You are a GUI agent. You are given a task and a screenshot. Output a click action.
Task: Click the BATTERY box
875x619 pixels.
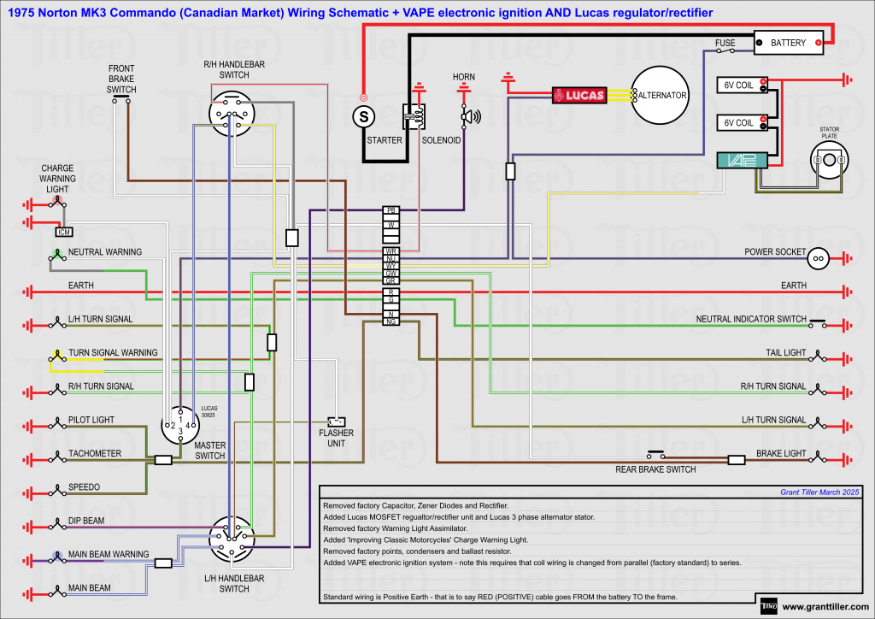pyautogui.click(x=788, y=43)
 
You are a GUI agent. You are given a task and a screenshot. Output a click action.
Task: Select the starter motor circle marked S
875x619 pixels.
pyautogui.click(x=363, y=115)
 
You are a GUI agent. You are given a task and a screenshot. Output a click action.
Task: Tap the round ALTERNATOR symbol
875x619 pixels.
pyautogui.click(x=659, y=95)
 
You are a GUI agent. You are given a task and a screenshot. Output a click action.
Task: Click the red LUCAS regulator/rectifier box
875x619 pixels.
pyautogui.click(x=579, y=96)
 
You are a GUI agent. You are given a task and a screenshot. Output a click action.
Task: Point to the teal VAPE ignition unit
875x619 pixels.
pyautogui.click(x=738, y=160)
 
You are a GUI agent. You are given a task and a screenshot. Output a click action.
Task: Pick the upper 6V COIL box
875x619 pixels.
pyautogui.click(x=740, y=85)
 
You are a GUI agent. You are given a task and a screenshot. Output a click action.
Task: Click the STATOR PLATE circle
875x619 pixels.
pyautogui.click(x=829, y=160)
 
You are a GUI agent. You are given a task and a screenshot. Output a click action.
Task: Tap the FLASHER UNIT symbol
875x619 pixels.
pyautogui.click(x=336, y=422)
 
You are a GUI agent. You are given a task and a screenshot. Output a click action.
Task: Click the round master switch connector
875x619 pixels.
pyautogui.click(x=180, y=425)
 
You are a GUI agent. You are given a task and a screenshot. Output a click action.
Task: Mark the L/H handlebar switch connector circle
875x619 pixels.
pyautogui.click(x=233, y=538)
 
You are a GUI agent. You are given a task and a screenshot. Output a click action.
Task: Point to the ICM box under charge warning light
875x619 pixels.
pyautogui.click(x=63, y=232)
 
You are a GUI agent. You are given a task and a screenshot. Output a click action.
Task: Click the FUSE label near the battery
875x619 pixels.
pyautogui.click(x=725, y=43)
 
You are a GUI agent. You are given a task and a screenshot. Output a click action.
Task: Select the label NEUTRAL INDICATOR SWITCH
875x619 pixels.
pyautogui.click(x=751, y=319)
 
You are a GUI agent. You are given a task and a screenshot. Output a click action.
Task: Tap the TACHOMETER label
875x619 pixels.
pyautogui.click(x=95, y=454)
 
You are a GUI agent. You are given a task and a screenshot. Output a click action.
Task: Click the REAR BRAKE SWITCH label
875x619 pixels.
pyautogui.click(x=655, y=469)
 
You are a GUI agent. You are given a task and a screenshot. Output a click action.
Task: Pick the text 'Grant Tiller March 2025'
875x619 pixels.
pyautogui.click(x=819, y=492)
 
